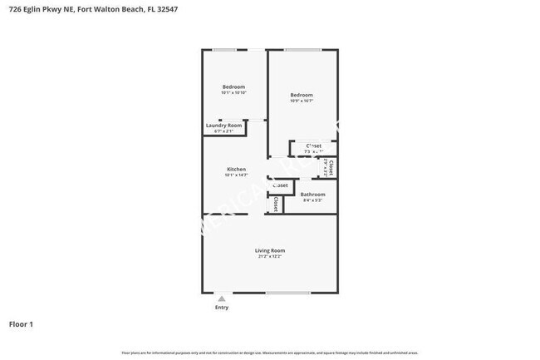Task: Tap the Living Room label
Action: click(x=270, y=250)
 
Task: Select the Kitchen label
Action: click(x=236, y=169)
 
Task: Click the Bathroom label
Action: click(x=312, y=195)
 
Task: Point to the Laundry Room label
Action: click(x=223, y=126)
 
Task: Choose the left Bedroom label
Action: click(x=233, y=87)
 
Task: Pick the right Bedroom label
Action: click(x=302, y=95)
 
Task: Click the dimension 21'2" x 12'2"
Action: click(x=270, y=257)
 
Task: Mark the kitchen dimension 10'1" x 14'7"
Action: click(x=236, y=175)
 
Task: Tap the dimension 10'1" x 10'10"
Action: click(x=233, y=93)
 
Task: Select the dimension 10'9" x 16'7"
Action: click(x=302, y=101)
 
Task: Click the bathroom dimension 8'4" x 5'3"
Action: click(x=312, y=200)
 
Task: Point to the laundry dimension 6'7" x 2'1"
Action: click(x=223, y=131)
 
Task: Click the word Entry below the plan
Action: click(x=222, y=308)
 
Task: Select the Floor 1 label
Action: click(x=21, y=323)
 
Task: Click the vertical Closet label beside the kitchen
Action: click(x=275, y=204)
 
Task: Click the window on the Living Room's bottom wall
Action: click(x=287, y=293)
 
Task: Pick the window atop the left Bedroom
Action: click(x=224, y=51)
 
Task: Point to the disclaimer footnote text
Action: click(x=270, y=353)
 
